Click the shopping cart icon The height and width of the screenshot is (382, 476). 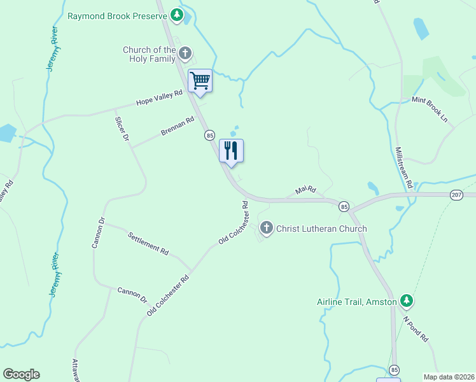(x=200, y=81)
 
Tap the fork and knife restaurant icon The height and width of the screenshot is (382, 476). (x=232, y=151)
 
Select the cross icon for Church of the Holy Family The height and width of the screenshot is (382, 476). (x=185, y=55)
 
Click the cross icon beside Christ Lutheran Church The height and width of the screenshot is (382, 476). (x=267, y=228)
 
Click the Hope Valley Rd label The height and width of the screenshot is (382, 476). (x=159, y=97)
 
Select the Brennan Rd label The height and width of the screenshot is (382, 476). (x=177, y=125)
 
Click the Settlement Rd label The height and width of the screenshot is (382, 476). (x=148, y=243)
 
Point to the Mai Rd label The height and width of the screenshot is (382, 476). (x=305, y=190)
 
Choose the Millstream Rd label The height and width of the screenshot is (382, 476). (x=403, y=167)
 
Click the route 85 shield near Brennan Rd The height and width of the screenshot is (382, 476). (x=209, y=135)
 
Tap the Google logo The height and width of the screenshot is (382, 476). (x=21, y=374)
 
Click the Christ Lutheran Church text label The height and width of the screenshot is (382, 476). (x=321, y=229)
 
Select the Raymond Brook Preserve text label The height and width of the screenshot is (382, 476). (x=117, y=15)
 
